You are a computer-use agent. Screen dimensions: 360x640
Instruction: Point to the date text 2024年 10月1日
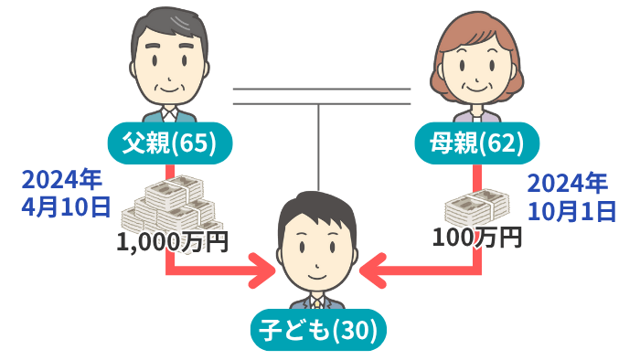pyautogui.click(x=571, y=196)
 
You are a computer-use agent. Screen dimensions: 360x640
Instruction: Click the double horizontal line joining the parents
pyautogui.click(x=321, y=96)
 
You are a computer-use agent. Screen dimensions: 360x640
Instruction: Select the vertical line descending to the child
pyautogui.click(x=318, y=146)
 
